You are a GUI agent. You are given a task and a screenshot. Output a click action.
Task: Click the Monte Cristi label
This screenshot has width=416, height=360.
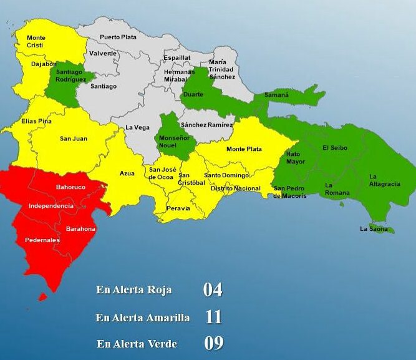click(36, 42)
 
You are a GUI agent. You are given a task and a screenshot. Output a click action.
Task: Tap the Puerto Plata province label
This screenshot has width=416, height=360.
click(118, 37)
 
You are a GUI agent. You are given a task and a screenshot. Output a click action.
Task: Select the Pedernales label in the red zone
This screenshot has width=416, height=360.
click(42, 240)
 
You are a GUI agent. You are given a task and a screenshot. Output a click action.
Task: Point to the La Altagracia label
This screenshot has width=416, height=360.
click(381, 180)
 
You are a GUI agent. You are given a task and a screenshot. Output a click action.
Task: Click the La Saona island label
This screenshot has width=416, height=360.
click(374, 229)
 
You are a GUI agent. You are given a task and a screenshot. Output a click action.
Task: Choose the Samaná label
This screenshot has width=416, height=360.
click(276, 95)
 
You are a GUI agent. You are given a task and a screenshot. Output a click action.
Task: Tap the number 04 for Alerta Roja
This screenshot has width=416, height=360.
click(212, 289)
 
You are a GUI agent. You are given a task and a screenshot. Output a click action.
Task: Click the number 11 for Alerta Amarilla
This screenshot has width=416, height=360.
click(213, 317)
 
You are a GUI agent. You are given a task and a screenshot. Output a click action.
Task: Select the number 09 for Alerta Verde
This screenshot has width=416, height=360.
click(213, 344)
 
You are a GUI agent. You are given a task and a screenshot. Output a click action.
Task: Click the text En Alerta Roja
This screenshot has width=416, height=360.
click(133, 290)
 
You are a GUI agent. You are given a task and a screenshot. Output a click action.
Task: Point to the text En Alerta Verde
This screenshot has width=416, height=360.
click(137, 344)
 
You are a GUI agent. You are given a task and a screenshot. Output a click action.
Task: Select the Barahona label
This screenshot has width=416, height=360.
click(82, 229)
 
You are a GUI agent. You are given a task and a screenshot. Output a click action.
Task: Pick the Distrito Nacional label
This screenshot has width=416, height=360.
click(235, 188)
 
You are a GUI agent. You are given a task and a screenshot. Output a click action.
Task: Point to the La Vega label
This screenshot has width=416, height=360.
click(137, 127)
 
